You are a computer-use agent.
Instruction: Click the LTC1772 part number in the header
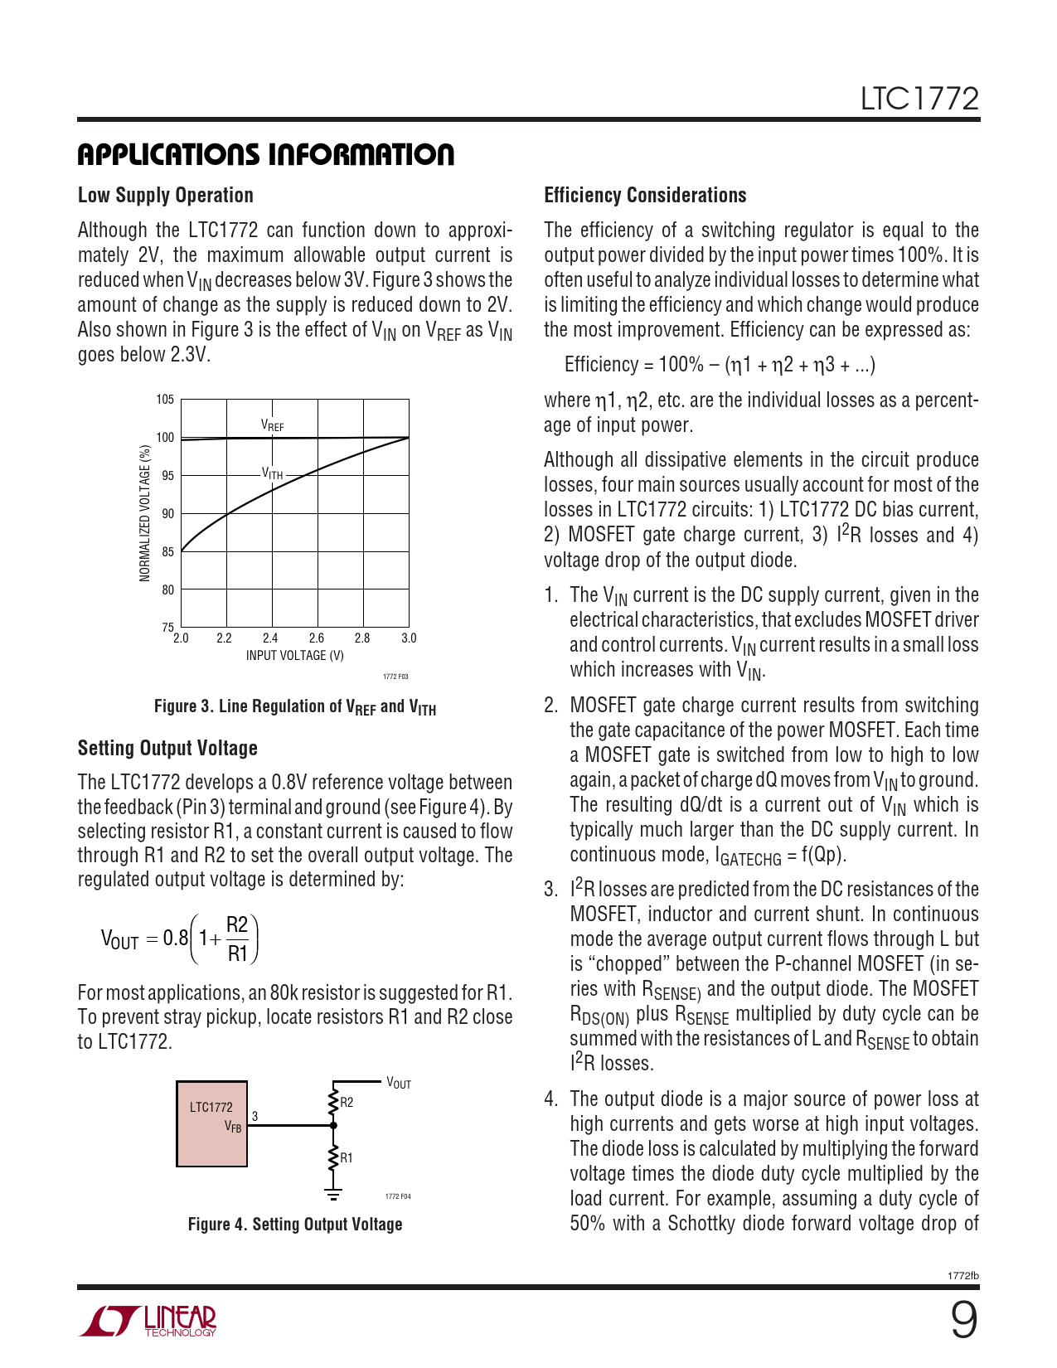tap(919, 99)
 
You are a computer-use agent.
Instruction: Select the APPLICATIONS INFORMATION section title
tap(266, 154)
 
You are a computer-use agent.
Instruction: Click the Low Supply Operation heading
tap(166, 196)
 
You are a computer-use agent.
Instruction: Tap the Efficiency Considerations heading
tap(645, 196)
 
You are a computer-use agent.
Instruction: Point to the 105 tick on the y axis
tap(166, 400)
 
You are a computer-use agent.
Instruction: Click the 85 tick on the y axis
tap(168, 552)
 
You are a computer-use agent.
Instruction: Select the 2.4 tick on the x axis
tap(270, 638)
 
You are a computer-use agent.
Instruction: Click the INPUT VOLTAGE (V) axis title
tap(294, 656)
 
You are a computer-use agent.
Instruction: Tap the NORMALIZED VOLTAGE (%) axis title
tap(145, 513)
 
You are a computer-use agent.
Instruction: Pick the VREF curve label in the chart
tap(273, 425)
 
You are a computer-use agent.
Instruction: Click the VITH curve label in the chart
tap(273, 473)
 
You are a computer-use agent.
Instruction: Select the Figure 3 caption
tap(295, 707)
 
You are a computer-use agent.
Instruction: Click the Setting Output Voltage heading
tap(167, 749)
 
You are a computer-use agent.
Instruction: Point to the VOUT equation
tap(180, 939)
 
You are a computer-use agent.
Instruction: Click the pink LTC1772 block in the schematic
tap(211, 1124)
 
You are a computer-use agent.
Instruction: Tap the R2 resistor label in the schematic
tap(347, 1103)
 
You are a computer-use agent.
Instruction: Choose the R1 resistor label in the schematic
tap(347, 1158)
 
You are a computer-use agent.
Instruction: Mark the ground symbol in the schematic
tap(333, 1194)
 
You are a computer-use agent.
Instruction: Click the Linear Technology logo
tap(148, 1321)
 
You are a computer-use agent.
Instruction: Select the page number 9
tap(963, 1320)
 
